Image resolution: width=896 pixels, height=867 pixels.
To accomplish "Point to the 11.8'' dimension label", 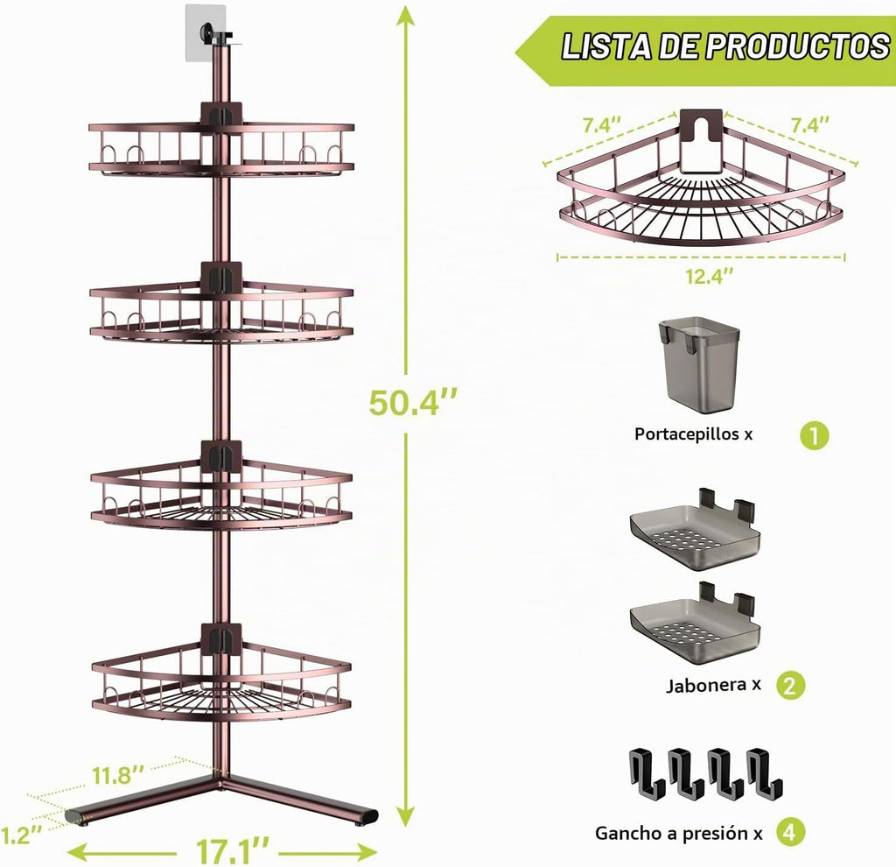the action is coord(118,776).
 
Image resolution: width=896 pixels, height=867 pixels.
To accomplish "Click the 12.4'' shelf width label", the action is coord(709,277).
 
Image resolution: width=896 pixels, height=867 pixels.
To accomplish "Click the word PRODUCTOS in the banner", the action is coord(798,46).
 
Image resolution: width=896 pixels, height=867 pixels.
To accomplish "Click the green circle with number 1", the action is coord(814,436).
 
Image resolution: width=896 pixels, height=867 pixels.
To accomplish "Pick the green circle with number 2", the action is coord(790,685).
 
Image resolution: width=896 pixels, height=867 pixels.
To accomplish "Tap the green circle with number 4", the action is coord(790,833).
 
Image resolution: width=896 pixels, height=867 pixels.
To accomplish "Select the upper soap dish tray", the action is coord(695,532).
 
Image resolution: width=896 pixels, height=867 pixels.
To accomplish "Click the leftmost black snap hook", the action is coord(647,772).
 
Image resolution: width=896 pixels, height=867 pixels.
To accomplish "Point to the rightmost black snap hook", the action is coord(765,772).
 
